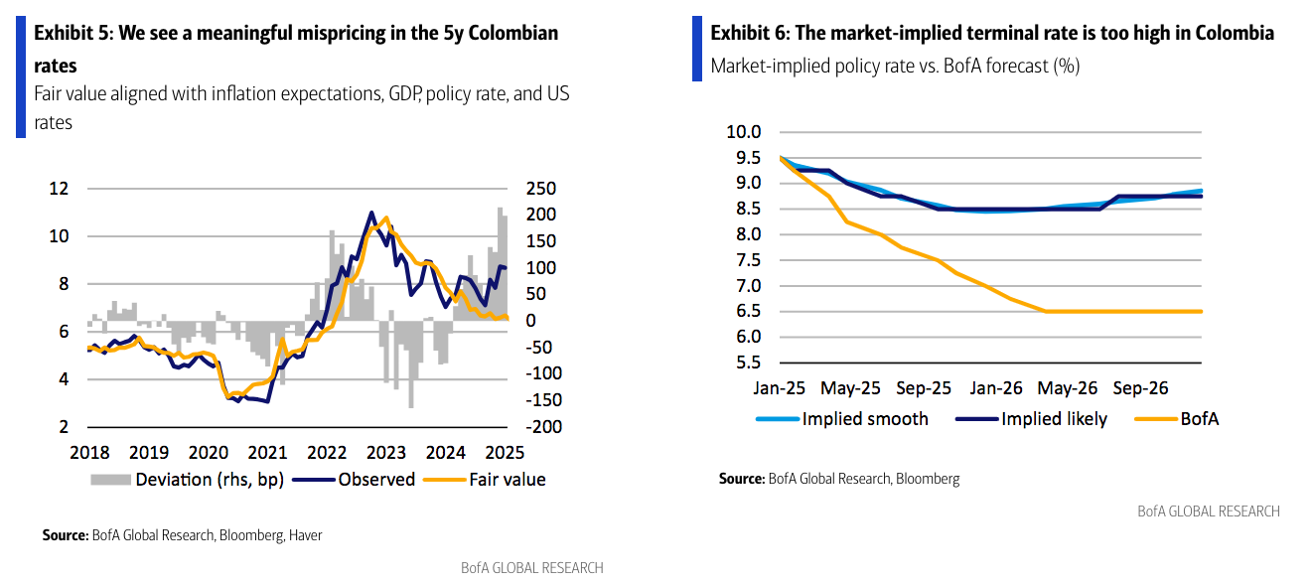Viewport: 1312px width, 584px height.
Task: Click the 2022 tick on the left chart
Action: [x=327, y=453]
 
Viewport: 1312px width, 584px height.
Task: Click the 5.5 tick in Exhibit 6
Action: [x=745, y=363]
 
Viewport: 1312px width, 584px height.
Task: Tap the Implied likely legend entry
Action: [x=1053, y=419]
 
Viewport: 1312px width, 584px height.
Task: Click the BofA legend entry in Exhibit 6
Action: [x=1198, y=419]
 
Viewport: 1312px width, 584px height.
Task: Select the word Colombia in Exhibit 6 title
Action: [x=1234, y=33]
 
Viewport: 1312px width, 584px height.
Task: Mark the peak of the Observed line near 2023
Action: [x=371, y=213]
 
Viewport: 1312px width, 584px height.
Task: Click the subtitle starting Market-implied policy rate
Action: [x=895, y=67]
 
